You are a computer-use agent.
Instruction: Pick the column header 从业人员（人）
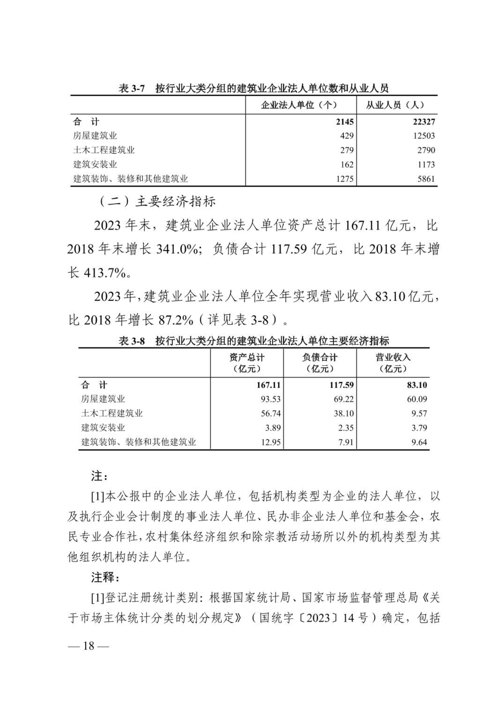[x=395, y=105]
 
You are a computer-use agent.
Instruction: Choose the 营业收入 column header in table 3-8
[x=393, y=358]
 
